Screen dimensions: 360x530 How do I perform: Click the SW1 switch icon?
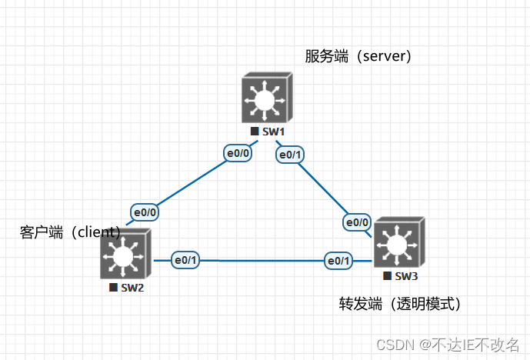265,98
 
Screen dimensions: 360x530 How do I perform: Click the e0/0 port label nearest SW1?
238,153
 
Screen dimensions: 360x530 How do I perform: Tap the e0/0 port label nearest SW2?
146,212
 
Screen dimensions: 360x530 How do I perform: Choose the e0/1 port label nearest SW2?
185,260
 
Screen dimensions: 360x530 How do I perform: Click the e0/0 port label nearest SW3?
358,222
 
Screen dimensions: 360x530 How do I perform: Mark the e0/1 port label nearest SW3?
338,260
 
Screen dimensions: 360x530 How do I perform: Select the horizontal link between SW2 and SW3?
262,261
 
